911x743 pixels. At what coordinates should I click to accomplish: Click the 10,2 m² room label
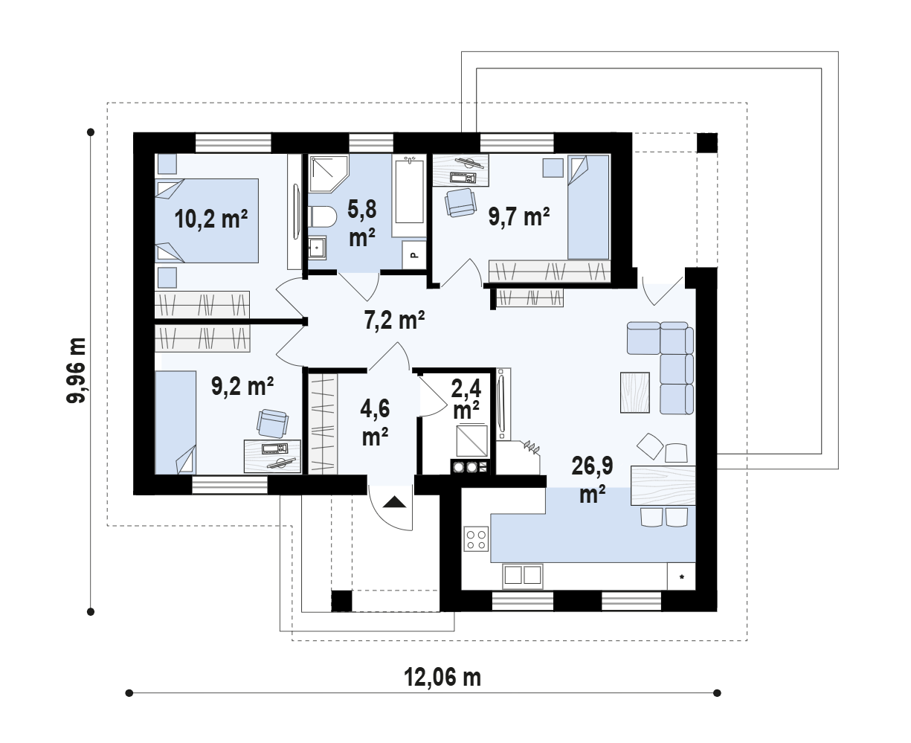click(210, 219)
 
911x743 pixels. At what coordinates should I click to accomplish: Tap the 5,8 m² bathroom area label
click(362, 223)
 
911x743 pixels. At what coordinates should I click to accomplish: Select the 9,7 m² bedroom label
click(519, 216)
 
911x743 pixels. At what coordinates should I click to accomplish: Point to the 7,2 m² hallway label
click(394, 320)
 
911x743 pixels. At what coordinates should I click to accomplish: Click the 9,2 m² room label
click(242, 386)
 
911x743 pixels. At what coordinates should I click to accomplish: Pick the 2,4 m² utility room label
click(466, 399)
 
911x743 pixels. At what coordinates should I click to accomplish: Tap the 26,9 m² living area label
click(592, 480)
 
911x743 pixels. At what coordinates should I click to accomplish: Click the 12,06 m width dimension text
click(442, 677)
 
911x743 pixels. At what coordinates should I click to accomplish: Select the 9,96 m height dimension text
click(76, 370)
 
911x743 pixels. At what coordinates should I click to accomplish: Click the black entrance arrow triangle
click(394, 502)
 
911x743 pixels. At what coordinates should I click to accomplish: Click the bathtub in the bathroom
click(409, 196)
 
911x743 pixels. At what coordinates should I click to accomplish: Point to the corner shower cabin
click(328, 173)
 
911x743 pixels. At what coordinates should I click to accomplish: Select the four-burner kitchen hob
click(476, 538)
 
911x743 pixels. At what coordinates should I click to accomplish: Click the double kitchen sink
click(523, 576)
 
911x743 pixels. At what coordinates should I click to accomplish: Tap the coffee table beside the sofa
click(635, 392)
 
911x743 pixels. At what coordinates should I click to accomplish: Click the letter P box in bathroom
click(414, 255)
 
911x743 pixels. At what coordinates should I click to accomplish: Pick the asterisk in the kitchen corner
click(682, 576)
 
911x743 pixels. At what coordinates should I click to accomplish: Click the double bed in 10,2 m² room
click(207, 221)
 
